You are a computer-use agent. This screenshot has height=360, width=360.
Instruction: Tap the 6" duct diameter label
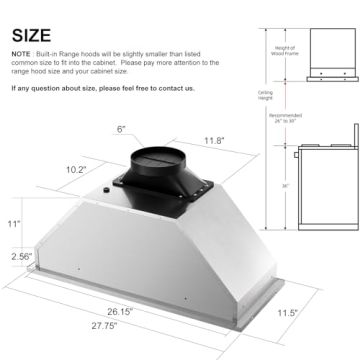click(121, 130)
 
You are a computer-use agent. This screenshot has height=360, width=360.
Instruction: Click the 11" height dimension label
click(14, 225)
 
